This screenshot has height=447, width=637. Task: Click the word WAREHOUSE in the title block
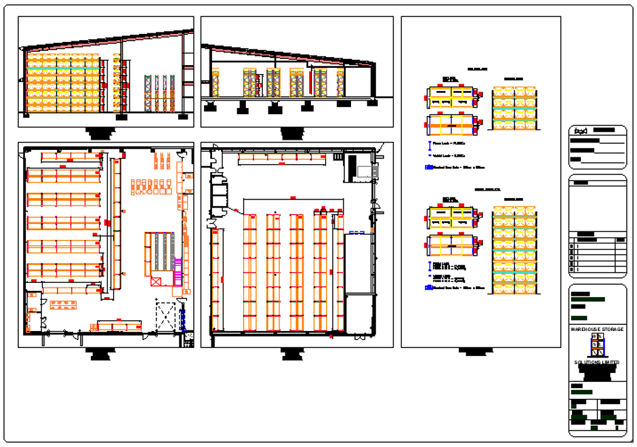(585, 329)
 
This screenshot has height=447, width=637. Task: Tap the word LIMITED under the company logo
(609, 363)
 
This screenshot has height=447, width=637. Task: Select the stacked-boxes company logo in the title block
(596, 346)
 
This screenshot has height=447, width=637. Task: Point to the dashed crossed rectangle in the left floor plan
(166, 316)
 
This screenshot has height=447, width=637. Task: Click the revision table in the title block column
(597, 255)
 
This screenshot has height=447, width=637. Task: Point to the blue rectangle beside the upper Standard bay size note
(428, 166)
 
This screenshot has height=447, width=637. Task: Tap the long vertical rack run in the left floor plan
(115, 224)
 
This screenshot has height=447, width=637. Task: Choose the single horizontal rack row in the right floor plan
(280, 158)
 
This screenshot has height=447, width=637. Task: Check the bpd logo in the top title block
(581, 130)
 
